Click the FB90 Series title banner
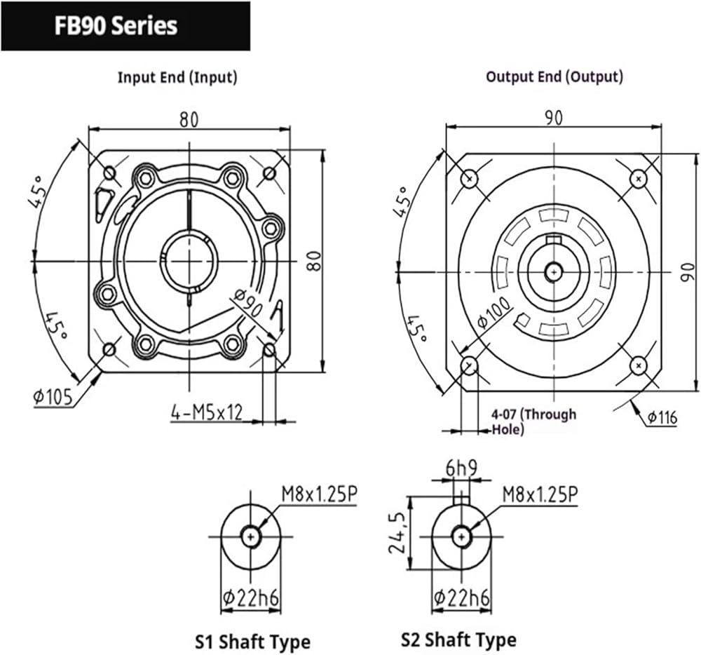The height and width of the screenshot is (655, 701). (125, 26)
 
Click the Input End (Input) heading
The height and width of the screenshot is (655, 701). (177, 77)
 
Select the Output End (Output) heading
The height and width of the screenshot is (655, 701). (554, 76)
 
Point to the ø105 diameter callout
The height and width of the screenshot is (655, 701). (53, 397)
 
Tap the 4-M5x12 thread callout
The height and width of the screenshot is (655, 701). (207, 412)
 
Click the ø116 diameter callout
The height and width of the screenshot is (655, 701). (662, 417)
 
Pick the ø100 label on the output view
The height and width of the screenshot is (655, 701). (493, 313)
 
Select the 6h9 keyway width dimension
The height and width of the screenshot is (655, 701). (461, 468)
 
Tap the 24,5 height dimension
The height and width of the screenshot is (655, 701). (397, 532)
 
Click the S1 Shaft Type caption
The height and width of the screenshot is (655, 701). (252, 642)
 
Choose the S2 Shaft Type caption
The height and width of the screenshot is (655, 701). (458, 640)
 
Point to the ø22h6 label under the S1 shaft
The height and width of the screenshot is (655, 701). (251, 597)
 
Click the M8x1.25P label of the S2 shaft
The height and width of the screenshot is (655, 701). (540, 494)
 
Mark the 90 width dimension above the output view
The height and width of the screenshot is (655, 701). (554, 118)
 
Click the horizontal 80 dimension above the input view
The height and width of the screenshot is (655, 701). (189, 120)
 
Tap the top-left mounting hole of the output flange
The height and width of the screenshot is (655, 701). (469, 180)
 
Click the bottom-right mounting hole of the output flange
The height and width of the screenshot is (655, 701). (639, 366)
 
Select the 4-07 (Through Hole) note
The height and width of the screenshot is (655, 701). (533, 421)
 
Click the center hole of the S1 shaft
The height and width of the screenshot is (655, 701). (251, 536)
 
